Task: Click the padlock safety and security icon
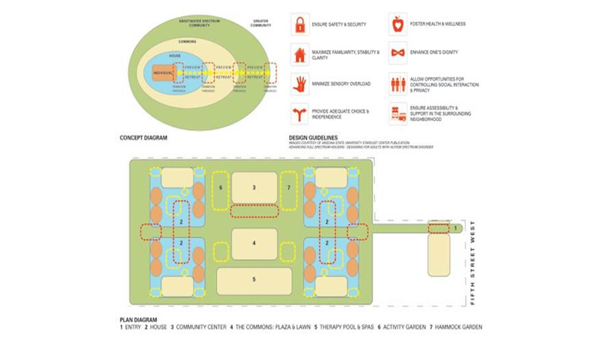click(x=299, y=25)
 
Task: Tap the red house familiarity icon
click(x=299, y=54)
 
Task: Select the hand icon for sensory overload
click(x=299, y=83)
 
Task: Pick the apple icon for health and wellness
click(x=397, y=25)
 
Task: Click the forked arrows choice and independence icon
click(x=299, y=113)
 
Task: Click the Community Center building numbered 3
click(x=254, y=188)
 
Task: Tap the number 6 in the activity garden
click(x=221, y=187)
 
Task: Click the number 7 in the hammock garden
click(x=289, y=187)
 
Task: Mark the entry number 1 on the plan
click(x=455, y=227)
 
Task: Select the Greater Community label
click(x=261, y=23)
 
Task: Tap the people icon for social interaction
click(x=397, y=83)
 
